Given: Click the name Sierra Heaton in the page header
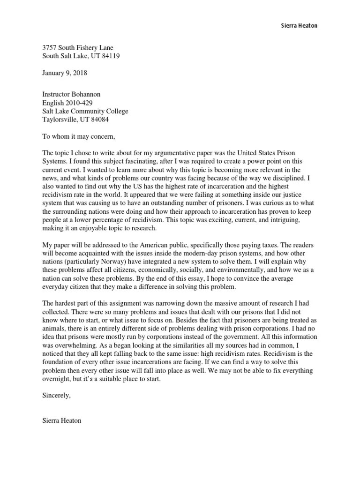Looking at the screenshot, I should (x=296, y=26).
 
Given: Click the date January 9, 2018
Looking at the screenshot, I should (x=65, y=73).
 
